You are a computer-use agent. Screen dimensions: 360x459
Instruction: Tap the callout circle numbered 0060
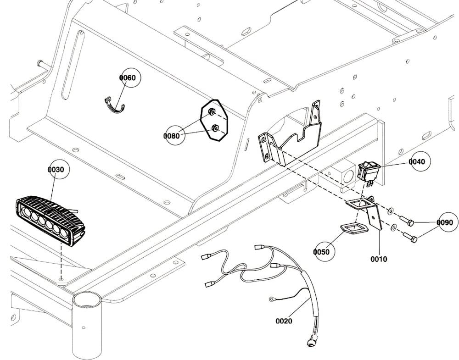coord(127,78)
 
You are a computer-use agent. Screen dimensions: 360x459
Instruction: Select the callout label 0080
coord(172,136)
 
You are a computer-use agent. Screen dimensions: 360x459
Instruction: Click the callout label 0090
coord(444,222)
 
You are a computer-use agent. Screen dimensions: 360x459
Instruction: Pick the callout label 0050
coord(321,251)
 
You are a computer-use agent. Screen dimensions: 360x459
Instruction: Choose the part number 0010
coord(379,259)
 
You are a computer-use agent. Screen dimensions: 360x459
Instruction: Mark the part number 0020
coord(284,321)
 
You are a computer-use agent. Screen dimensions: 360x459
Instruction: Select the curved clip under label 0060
coord(114,106)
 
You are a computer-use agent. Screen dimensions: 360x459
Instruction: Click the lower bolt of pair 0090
coord(409,237)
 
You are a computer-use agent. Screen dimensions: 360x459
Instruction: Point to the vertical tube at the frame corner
coord(86,326)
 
